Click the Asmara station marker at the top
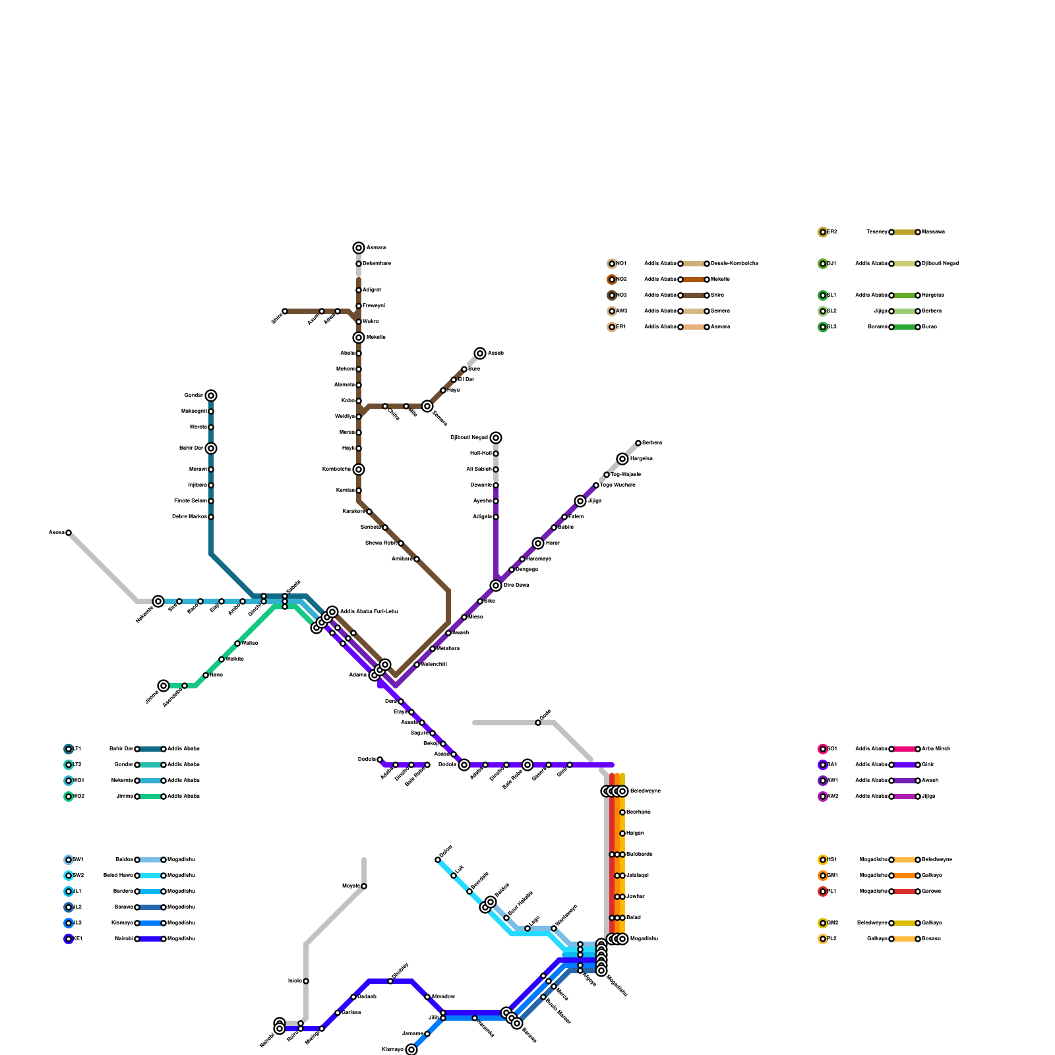pos(359,248)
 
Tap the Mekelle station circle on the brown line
pos(359,338)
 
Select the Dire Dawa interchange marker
pos(496,586)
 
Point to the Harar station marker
pos(538,543)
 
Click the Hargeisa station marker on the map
pos(622,459)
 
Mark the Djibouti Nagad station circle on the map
pos(496,438)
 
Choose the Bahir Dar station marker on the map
pos(211,448)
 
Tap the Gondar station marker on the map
pos(211,396)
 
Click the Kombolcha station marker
pos(359,469)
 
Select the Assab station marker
pos(480,353)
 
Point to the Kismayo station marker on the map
pos(411,1050)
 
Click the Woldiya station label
pos(346,417)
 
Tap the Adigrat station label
pos(372,290)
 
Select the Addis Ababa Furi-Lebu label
pos(369,612)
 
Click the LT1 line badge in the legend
pos(69,749)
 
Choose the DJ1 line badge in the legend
pos(823,264)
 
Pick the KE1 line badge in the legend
pos(69,939)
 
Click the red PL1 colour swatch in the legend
pos(905,891)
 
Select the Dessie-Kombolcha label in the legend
pos(734,264)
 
